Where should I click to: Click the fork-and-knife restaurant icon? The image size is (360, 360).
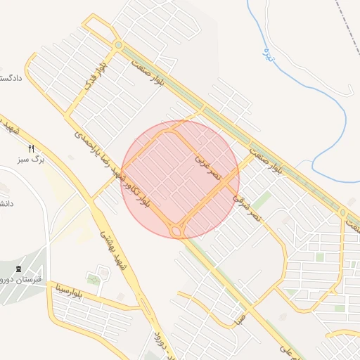coord(30,148)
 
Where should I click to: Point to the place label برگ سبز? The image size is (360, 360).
coord(32,160)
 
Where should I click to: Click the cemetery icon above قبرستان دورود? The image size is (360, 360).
coord(18,269)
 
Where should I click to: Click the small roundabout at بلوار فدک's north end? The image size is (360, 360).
coord(118,46)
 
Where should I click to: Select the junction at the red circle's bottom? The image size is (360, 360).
coord(178,230)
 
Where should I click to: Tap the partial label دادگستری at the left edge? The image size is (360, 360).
coord(10,78)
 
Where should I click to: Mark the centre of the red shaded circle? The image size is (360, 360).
coord(180,179)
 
